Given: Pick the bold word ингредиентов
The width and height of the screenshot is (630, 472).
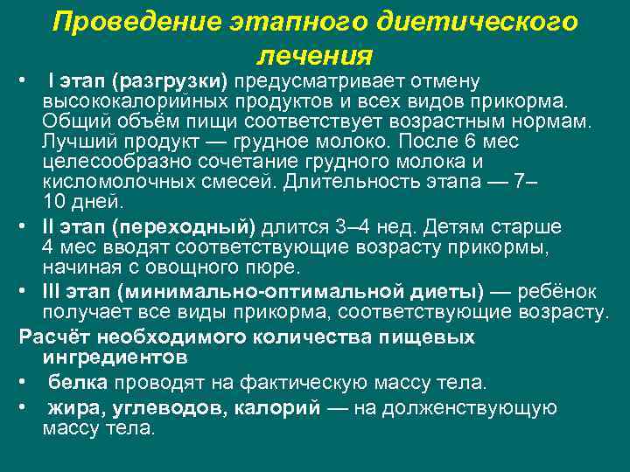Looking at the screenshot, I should click(x=114, y=357).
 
